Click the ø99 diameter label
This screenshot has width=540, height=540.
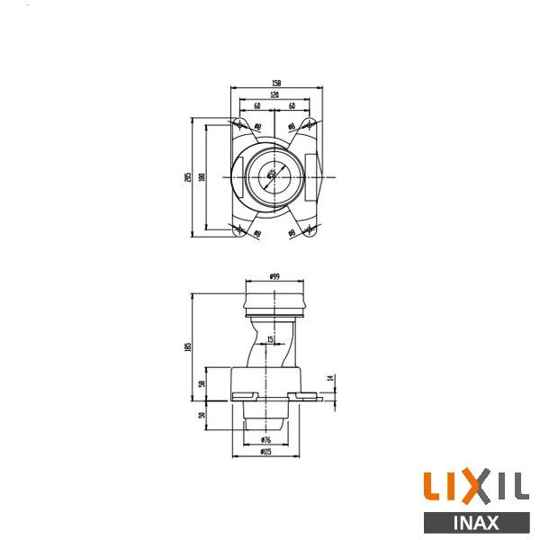pyautogui.click(x=274, y=277)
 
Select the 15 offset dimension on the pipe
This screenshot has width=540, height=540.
pyautogui.click(x=272, y=339)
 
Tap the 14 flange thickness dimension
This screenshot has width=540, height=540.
pyautogui.click(x=331, y=379)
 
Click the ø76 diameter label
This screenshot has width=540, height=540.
pyautogui.click(x=265, y=439)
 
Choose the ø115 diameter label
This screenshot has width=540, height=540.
pyautogui.click(x=265, y=452)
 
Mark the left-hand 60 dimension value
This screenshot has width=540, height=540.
pyautogui.click(x=257, y=106)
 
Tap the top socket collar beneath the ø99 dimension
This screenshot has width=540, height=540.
pyautogui.click(x=274, y=299)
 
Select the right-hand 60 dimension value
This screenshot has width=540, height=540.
pyautogui.click(x=292, y=106)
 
